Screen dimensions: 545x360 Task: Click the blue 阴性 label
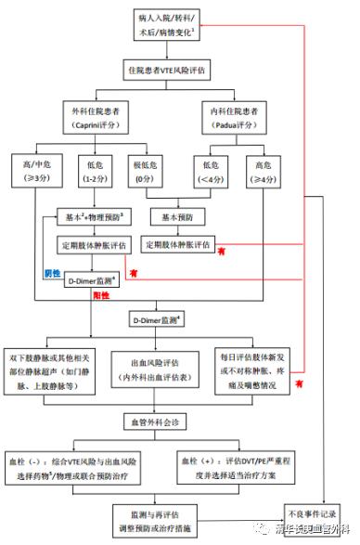tap(53, 274)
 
